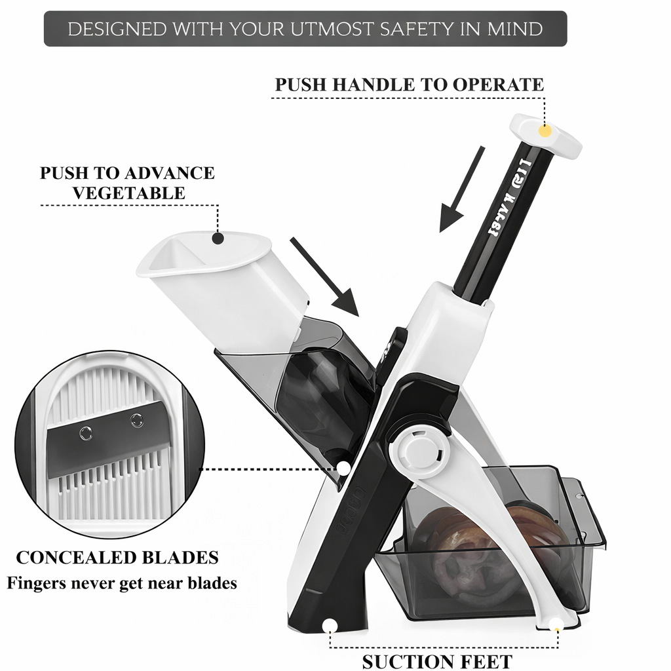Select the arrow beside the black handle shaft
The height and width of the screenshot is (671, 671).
point(461,190)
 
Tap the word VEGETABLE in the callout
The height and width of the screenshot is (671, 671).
point(128,193)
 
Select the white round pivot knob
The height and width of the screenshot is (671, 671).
point(415,450)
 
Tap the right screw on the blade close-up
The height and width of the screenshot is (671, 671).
point(137,420)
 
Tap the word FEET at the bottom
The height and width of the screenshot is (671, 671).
point(482,661)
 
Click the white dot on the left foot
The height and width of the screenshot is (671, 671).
point(331,625)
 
